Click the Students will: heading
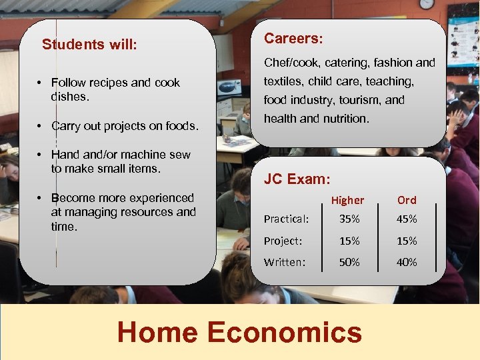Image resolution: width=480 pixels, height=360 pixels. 89,45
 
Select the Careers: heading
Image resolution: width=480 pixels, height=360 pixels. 293,39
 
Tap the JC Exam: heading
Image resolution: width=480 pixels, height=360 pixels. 297,179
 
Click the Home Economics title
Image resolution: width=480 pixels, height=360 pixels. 239,331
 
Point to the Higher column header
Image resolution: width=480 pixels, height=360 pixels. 347,200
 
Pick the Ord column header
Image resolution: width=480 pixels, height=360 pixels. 407,200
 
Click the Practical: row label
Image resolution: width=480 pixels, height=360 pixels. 286,219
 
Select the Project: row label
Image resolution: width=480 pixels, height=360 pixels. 283,241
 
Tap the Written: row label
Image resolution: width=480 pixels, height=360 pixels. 285,262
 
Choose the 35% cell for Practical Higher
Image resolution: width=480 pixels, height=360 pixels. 349,219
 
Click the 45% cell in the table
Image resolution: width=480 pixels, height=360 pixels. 407,219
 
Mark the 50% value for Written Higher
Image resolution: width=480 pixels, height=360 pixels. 349,262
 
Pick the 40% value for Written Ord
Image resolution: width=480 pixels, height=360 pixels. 407,262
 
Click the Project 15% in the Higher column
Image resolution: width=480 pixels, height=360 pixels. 349,241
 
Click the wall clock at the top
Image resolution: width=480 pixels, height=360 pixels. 427,3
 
